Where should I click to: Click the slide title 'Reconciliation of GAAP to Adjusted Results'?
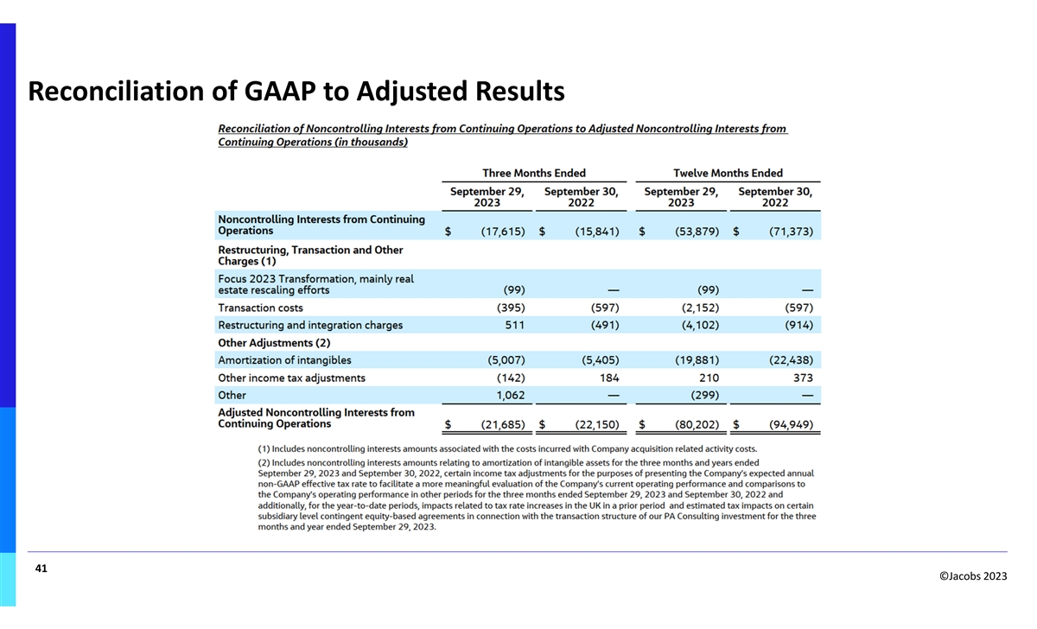[296, 91]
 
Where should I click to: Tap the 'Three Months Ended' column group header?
[534, 174]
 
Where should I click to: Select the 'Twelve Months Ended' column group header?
[728, 174]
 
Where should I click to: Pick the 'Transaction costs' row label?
[260, 308]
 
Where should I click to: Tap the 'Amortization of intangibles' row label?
[284, 360]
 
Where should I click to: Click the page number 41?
[41, 569]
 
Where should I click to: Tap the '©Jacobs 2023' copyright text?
[972, 577]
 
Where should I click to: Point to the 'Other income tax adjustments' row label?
[291, 378]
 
